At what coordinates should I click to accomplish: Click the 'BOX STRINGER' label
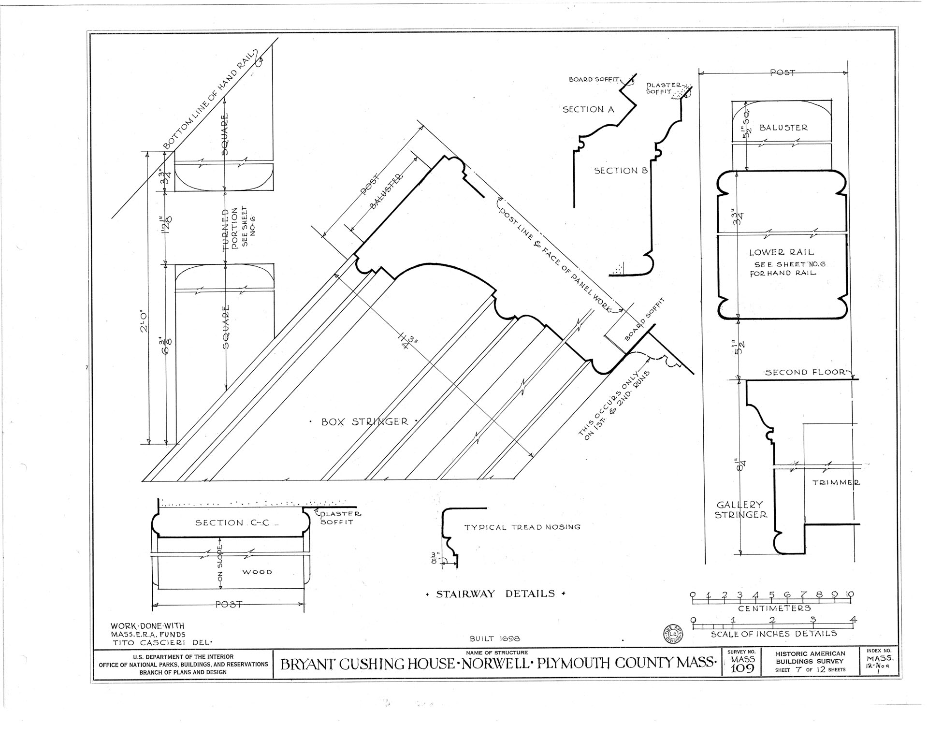pos(365,422)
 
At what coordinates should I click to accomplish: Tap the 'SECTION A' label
pos(588,110)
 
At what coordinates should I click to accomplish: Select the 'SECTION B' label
pos(621,171)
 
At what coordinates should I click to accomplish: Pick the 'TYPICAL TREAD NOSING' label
pos(522,527)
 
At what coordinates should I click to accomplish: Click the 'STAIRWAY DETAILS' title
pos(495,594)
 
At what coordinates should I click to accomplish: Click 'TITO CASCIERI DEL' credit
pos(162,642)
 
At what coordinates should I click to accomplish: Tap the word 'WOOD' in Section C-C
pos(257,572)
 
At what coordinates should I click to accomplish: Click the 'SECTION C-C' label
pos(233,522)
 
